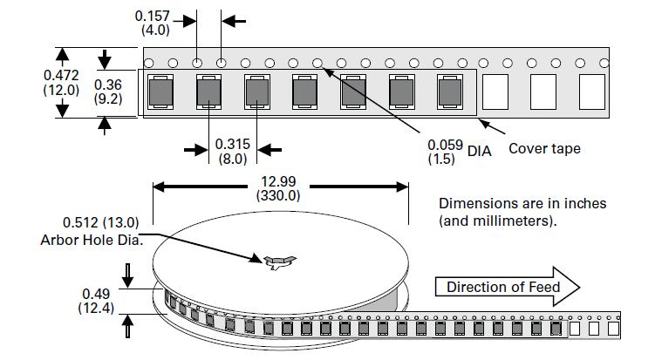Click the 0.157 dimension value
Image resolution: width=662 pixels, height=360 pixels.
pos(153,16)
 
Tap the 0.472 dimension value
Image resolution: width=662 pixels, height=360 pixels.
pos(62,76)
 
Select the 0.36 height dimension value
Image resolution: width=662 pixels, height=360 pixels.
pos(108,85)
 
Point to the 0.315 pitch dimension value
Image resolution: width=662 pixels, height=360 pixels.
pos(232,144)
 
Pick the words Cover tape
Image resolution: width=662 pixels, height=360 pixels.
pos(544,149)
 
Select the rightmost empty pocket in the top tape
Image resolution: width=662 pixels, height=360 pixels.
pos(591,91)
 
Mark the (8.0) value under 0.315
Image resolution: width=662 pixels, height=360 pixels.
pos(232,159)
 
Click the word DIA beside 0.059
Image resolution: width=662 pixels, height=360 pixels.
pos(480,151)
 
